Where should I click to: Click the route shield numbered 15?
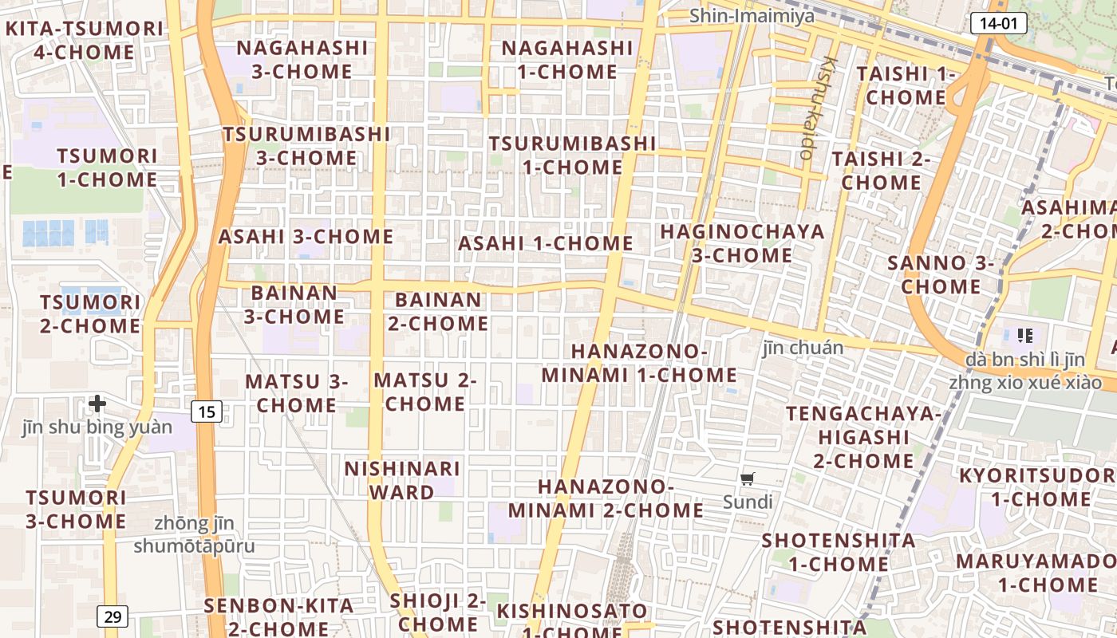207,412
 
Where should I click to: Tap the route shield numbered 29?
112,616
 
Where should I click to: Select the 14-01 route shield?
998,23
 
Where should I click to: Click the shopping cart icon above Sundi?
748,478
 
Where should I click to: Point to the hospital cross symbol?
97,404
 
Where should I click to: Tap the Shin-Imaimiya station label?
752,15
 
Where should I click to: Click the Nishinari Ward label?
402,480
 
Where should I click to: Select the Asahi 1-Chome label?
546,243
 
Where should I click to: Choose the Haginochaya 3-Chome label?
742,243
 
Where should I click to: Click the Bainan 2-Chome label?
438,312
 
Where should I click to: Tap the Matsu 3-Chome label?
297,393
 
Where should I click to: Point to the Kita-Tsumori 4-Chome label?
85,41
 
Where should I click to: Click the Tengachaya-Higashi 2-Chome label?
864,437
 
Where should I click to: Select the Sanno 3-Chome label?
941,274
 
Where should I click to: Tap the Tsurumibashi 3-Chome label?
306,145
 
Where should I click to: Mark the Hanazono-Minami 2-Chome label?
606,498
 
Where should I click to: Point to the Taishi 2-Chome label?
882,170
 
